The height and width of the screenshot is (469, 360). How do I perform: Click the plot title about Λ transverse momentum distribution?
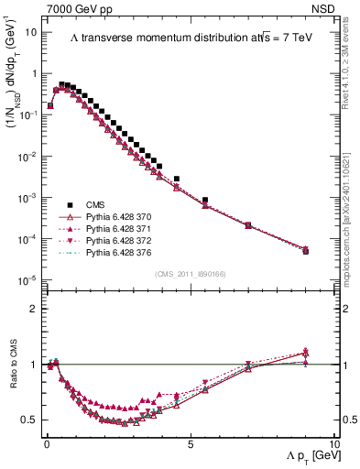pos(185,38)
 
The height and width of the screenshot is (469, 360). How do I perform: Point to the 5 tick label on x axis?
pos(190,443)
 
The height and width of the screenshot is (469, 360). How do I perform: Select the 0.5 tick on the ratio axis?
pos(32,420)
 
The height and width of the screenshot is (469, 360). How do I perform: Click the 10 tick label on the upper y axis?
pos(32,32)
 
